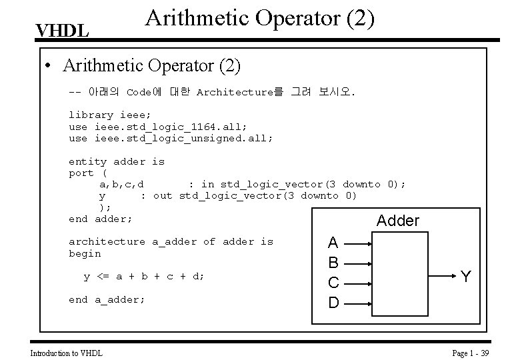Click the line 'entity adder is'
pos(117,161)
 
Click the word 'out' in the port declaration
pos(163,196)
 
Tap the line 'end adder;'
pos(100,219)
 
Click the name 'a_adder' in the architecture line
pos(175,241)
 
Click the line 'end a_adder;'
pos(107,299)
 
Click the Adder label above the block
pos(398,221)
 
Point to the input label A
pos(334,243)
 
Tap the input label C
pos(334,283)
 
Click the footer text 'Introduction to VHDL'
pos(67,352)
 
